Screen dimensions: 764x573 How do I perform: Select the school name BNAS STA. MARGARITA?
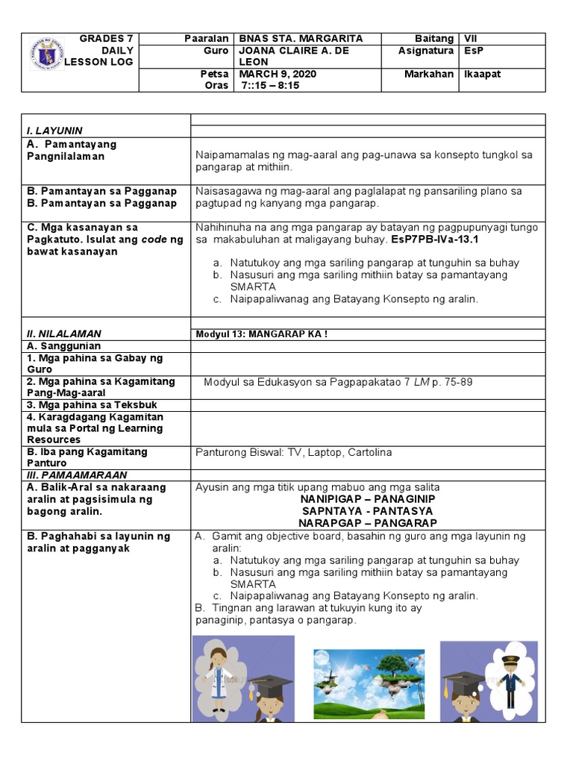pyautogui.click(x=300, y=39)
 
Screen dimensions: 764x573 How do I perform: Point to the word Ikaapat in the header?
pyautogui.click(x=483, y=75)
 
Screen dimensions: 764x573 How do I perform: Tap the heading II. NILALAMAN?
pyautogui.click(x=63, y=334)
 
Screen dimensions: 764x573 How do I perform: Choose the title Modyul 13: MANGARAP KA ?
pyautogui.click(x=260, y=334)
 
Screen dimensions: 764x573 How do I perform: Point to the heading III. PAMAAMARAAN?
pyautogui.click(x=77, y=475)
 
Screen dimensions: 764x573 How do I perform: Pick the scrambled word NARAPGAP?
pyautogui.click(x=329, y=522)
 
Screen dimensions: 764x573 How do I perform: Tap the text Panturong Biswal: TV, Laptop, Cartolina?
pyautogui.click(x=293, y=452)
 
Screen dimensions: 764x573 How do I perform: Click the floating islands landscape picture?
pyautogui.click(x=369, y=678)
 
